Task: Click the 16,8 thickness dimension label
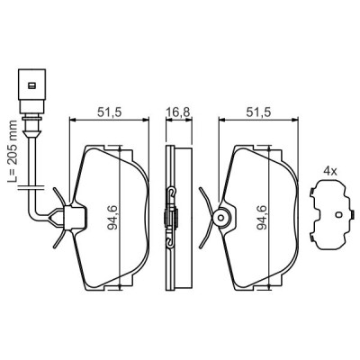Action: pos(179,112)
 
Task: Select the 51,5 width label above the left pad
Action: pos(109,112)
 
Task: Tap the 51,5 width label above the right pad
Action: pos(258,112)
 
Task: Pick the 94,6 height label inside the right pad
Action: pos(262,218)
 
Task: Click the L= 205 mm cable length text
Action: pos(13,151)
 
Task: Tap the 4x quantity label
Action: pos(330,172)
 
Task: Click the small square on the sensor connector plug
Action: pos(31,85)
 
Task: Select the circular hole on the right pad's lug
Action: pos(221,217)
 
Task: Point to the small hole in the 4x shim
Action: pos(338,214)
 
